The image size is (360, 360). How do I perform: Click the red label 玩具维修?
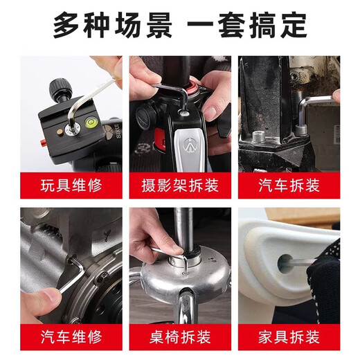[71, 186]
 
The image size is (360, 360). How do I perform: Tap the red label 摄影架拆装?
[179, 186]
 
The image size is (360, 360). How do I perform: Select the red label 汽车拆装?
[289, 186]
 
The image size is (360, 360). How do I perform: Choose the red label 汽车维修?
[71, 337]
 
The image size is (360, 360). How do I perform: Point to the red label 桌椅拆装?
[179, 337]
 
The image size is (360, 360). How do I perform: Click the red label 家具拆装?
[289, 337]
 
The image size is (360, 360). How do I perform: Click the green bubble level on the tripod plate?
[88, 125]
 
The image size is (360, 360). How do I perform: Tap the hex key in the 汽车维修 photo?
[67, 278]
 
